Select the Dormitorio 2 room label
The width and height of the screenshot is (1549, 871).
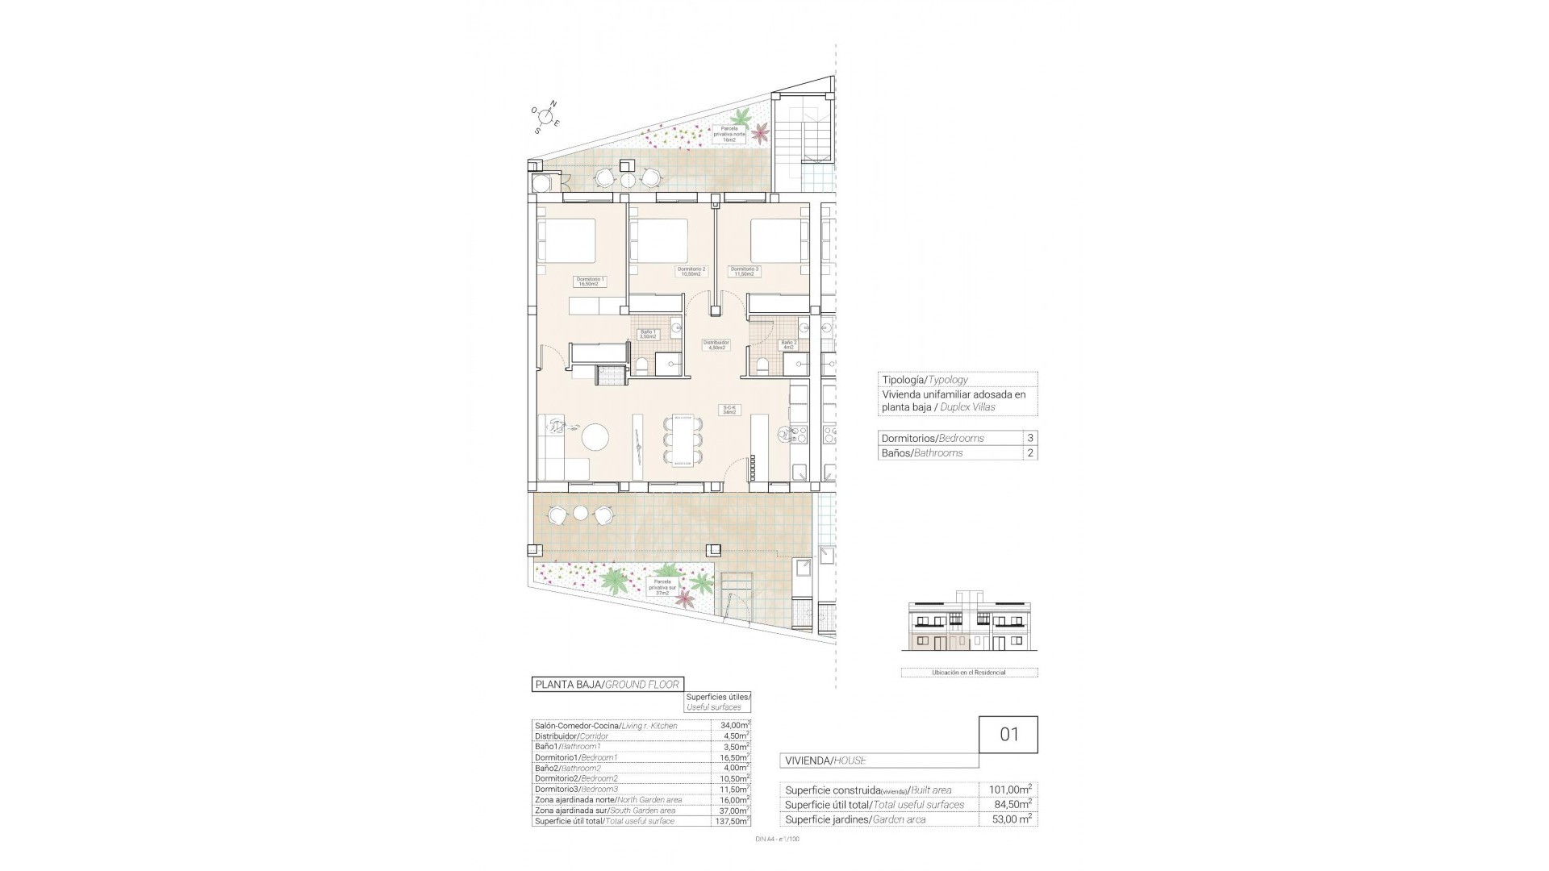691,271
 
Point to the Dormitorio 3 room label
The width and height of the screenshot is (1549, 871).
743,271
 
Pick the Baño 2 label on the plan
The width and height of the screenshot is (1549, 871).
788,344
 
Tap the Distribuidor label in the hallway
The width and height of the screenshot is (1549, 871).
716,344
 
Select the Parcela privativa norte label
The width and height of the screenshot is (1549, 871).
729,133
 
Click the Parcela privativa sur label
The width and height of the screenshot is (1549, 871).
662,586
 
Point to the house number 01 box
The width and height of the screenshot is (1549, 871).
1008,735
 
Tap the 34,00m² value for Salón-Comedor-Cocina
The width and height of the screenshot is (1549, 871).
731,726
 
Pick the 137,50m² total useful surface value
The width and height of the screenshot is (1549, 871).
731,821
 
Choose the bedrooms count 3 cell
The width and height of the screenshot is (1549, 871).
1029,438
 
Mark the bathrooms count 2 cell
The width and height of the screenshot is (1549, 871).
1029,453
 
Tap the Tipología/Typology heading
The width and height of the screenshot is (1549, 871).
925,380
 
